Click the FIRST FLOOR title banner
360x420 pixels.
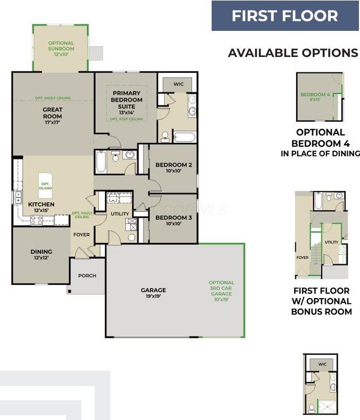(284, 15)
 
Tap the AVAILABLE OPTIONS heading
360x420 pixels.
(293, 53)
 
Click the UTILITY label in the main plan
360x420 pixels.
(120, 214)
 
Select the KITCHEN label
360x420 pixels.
(41, 207)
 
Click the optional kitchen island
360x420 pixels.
(46, 184)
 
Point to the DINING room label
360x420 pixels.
(41, 254)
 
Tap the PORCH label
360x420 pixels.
(87, 276)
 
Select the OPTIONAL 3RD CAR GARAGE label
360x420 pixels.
(221, 291)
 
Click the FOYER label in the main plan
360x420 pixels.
(81, 235)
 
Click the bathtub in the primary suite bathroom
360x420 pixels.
(185, 137)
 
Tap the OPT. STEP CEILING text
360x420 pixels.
(127, 119)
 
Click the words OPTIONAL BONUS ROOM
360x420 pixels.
(321, 306)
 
